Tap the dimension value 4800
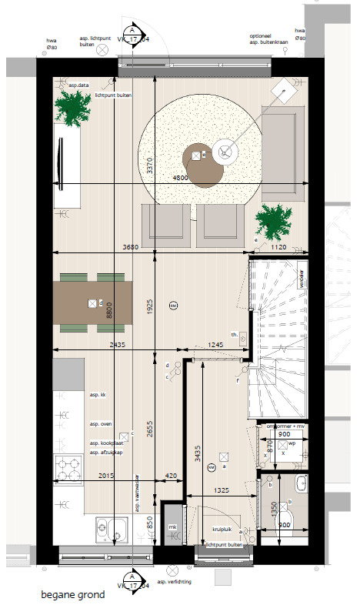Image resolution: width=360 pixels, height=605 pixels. [181, 177]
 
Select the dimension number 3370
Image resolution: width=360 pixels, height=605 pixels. [151, 166]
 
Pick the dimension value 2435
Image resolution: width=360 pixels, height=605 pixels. [118, 345]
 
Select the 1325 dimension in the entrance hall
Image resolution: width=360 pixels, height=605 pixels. [221, 490]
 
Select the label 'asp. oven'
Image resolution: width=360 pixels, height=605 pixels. [101, 424]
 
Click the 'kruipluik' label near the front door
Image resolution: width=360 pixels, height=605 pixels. [223, 530]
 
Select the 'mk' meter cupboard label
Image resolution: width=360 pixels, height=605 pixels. [172, 526]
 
